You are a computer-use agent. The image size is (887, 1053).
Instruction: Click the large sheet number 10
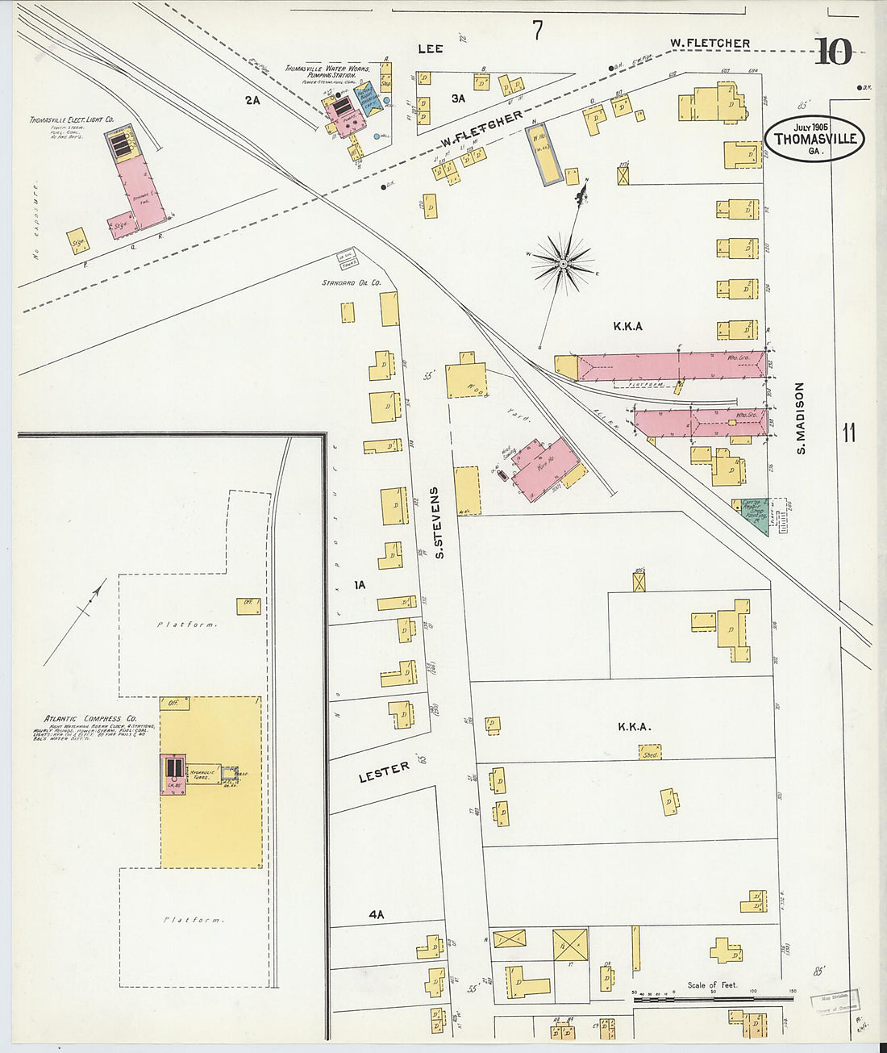[x=832, y=52]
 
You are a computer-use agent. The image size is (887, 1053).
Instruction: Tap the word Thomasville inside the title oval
[x=814, y=139]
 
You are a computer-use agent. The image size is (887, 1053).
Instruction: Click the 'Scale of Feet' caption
[x=712, y=984]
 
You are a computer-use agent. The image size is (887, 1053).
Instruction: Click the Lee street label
[x=431, y=49]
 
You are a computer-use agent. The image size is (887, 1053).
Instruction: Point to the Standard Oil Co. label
[x=351, y=283]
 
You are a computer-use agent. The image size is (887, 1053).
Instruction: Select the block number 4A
[x=376, y=914]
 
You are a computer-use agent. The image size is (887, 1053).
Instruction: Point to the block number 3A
[x=458, y=98]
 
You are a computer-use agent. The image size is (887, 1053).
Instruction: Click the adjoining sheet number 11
[x=848, y=433]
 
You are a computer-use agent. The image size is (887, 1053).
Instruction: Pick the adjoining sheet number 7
[x=537, y=31]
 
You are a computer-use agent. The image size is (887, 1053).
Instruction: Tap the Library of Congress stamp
[x=835, y=1001]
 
